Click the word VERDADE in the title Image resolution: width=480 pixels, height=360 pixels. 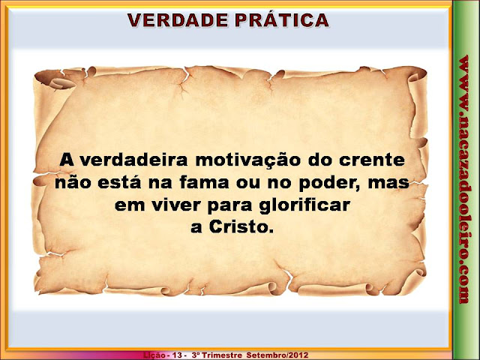point(178,20)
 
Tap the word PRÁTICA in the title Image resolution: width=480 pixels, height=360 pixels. point(282,19)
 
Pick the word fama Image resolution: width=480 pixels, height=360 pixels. point(204,182)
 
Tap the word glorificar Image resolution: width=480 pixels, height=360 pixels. point(304,205)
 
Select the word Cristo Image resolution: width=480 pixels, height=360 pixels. point(241,226)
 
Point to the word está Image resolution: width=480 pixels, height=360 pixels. point(120,182)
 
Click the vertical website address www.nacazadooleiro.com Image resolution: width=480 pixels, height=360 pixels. point(464,179)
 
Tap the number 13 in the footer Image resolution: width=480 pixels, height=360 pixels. point(177,355)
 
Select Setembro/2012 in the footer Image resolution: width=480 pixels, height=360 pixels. point(277,355)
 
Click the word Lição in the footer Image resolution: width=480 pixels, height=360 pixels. point(154,355)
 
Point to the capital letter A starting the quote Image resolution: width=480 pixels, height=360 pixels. point(67,160)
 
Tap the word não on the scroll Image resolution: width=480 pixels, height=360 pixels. point(73,182)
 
